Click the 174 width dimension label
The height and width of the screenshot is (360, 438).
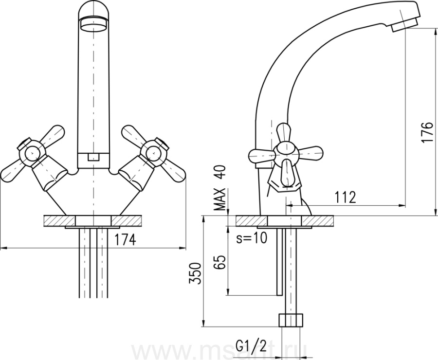[x=126, y=239]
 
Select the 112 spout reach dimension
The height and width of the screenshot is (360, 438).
[x=345, y=198]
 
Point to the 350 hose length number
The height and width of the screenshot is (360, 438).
[x=195, y=273]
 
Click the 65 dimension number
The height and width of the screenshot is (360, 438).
[x=219, y=262]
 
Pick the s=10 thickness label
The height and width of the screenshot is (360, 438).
[x=252, y=238]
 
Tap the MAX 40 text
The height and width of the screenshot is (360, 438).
[x=219, y=188]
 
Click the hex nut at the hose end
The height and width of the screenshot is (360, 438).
[x=291, y=320]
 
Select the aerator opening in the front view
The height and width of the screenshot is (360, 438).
[x=93, y=24]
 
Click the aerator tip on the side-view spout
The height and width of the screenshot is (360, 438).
[x=404, y=25]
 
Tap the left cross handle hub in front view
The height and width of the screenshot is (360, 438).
[x=31, y=153]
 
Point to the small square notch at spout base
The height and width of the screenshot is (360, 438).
[x=93, y=157]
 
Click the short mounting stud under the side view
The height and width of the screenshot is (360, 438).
[x=280, y=262]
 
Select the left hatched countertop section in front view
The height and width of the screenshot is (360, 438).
[x=59, y=221]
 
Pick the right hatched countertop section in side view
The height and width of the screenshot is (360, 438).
[x=318, y=221]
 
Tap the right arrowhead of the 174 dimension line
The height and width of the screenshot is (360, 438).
[x=182, y=248]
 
